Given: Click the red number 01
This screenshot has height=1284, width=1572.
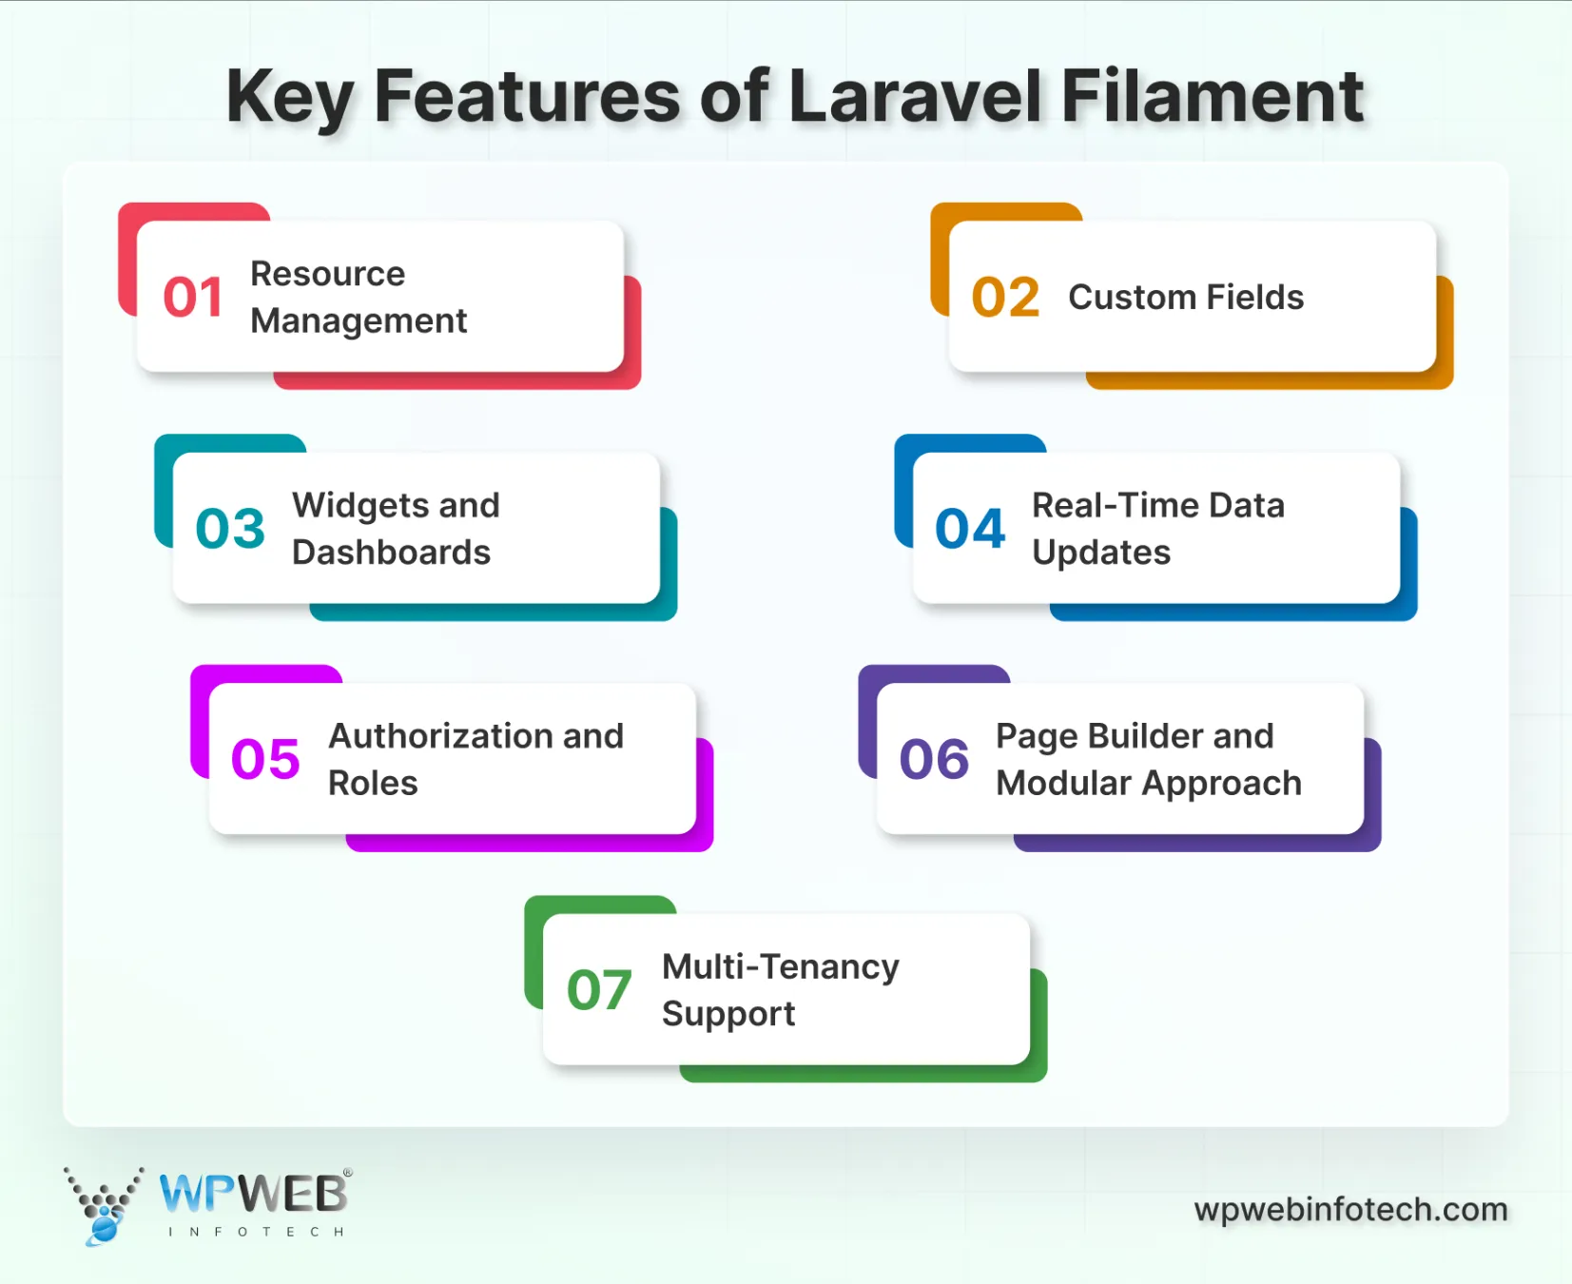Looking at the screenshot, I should click(193, 298).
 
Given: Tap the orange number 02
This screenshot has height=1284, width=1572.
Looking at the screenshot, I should click(1005, 298).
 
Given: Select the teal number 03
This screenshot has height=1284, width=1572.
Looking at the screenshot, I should click(230, 529).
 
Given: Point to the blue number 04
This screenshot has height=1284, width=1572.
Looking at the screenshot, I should click(970, 529).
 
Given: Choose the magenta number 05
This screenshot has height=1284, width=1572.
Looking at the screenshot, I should click(265, 760).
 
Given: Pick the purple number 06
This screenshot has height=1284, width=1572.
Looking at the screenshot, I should click(934, 760).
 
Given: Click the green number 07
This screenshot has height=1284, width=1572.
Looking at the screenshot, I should click(599, 991).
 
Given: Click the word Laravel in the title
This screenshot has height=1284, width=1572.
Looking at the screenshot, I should click(914, 97).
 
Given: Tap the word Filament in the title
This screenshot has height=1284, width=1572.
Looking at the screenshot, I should click(1212, 97).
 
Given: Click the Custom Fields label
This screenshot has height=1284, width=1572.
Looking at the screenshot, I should click(1185, 298).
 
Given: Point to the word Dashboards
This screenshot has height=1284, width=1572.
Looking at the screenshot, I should click(391, 553).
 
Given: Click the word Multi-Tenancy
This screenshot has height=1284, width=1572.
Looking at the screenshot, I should click(780, 967).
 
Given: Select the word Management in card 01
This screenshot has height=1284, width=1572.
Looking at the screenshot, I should click(359, 321).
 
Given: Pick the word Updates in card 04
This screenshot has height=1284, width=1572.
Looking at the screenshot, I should click(1101, 553).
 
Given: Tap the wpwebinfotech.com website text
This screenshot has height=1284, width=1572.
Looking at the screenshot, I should click(1350, 1210).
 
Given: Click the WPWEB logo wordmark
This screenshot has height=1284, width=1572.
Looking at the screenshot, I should click(254, 1195).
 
